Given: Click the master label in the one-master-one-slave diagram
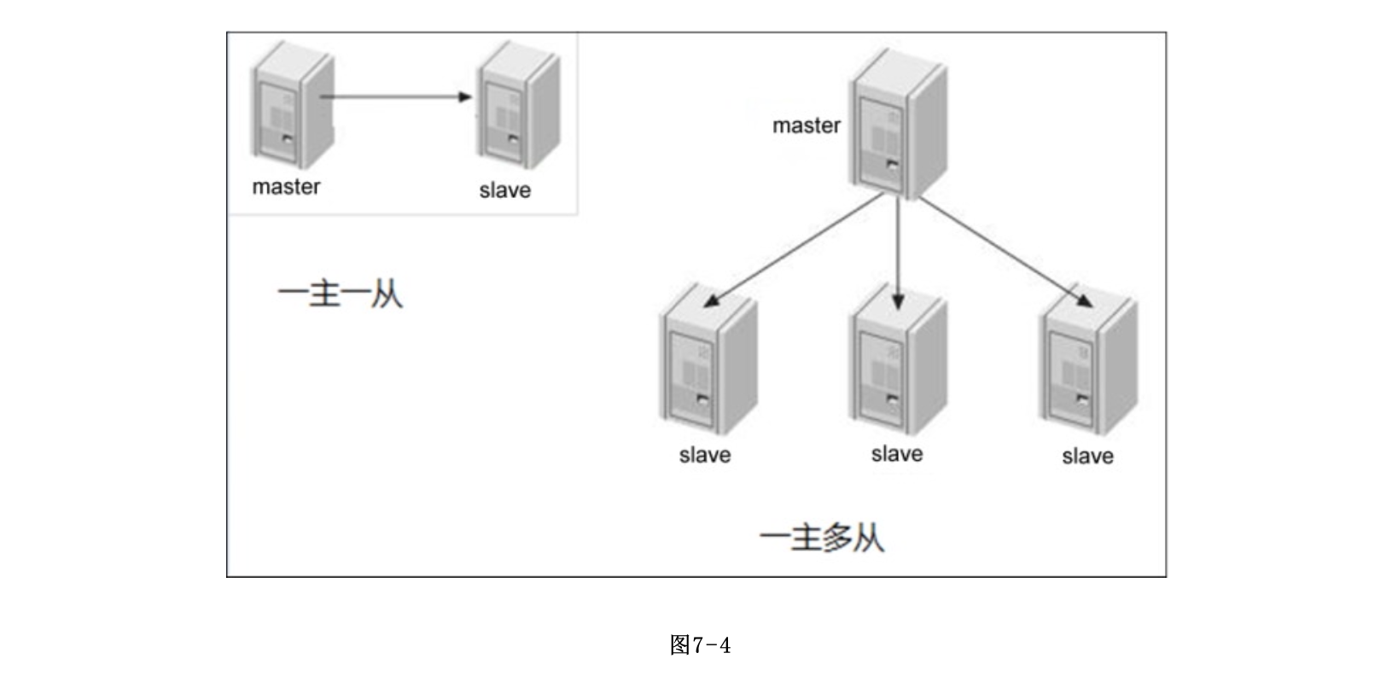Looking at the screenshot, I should [x=286, y=186].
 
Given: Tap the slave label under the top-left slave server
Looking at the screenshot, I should [x=504, y=189].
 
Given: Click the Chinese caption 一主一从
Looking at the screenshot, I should [x=340, y=295].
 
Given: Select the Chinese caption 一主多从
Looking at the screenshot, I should [x=822, y=539].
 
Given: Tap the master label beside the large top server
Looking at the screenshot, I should [x=806, y=125].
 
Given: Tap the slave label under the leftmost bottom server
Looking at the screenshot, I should [x=705, y=455].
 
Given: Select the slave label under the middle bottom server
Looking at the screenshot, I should [x=897, y=453].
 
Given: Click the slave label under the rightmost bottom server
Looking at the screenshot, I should [x=1087, y=456].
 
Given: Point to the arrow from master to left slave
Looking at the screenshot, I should [x=794, y=249].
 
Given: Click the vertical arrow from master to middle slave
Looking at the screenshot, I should [x=898, y=252].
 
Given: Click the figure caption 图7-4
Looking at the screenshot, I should [x=700, y=644].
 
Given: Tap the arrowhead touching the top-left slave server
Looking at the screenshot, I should [x=465, y=96].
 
